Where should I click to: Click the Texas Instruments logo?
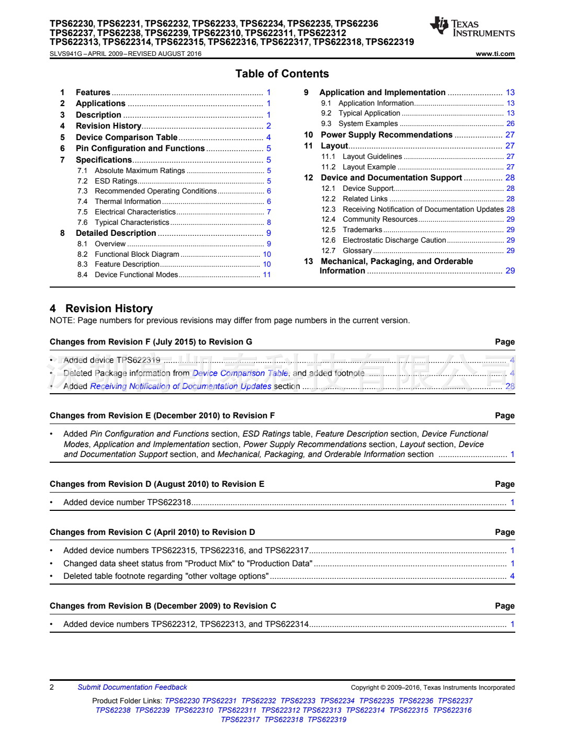click(472, 27)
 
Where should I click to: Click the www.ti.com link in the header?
click(495, 54)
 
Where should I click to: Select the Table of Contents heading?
click(282, 74)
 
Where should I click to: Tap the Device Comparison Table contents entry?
click(127, 138)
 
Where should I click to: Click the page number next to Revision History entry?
click(268, 126)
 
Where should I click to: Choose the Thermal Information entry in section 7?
click(128, 201)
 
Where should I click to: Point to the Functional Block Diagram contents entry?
click(137, 254)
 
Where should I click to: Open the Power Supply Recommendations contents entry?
click(386, 135)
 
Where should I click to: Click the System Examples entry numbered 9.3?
click(368, 124)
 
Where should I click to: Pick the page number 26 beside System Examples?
click(510, 124)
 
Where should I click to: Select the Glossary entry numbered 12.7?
click(357, 251)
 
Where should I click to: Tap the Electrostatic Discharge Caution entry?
click(394, 241)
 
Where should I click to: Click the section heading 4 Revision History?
click(101, 309)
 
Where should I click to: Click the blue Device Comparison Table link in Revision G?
click(240, 373)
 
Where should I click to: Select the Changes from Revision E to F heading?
click(162, 416)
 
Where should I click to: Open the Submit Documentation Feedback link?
click(132, 688)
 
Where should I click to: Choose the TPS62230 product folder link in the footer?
click(182, 701)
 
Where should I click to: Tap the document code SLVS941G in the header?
click(66, 54)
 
